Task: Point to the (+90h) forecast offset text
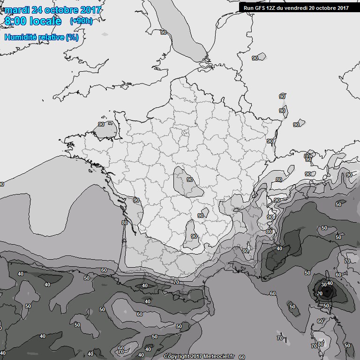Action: pos(81,21)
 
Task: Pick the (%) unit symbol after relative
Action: pos(72,37)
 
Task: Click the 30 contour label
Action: pos(323,284)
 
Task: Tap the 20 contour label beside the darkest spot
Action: pos(320,293)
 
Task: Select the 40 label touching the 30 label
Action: pos(330,284)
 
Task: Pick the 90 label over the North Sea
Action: pos(164,32)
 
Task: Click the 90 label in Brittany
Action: pos(101,124)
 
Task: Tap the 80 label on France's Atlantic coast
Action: pos(124,223)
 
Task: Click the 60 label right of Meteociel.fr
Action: pos(242,357)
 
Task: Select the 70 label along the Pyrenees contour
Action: pos(176,282)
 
